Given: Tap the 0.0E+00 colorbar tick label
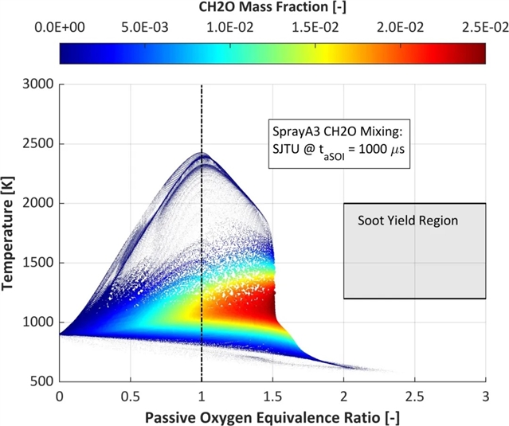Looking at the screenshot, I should pyautogui.click(x=60, y=26).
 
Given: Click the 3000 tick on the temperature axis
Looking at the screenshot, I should pyautogui.click(x=38, y=84).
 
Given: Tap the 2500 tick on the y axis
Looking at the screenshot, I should pyautogui.click(x=38, y=144).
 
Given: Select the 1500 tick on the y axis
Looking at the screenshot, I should pyautogui.click(x=38, y=263).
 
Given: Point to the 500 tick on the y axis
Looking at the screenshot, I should pyautogui.click(x=41, y=381).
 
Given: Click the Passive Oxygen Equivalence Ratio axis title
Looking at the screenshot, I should pyautogui.click(x=272, y=415).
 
